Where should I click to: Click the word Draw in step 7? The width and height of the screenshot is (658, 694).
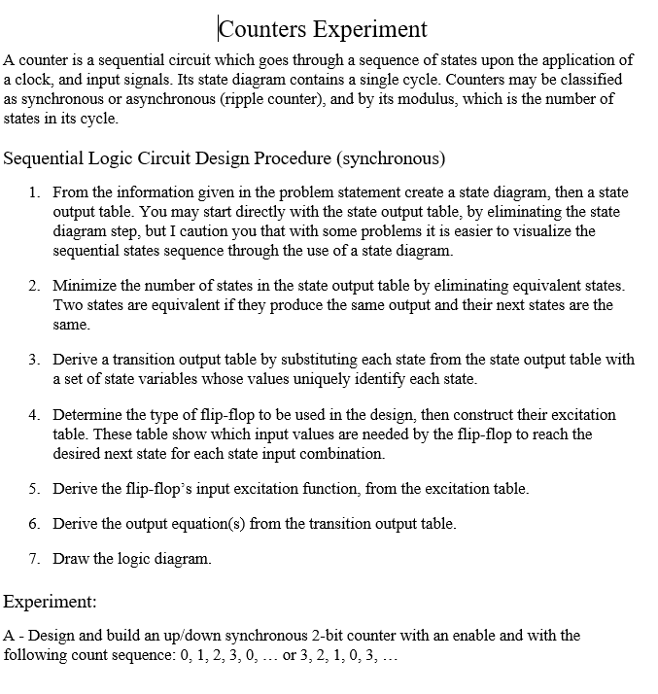[x=69, y=559]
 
